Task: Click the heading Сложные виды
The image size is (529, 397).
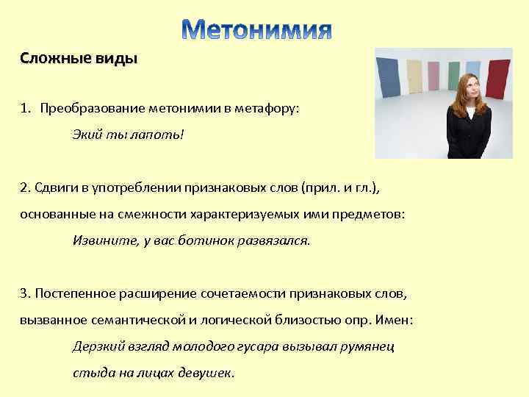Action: [79, 60]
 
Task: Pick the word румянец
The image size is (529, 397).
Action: [370, 346]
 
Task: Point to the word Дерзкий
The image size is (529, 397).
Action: [96, 346]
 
